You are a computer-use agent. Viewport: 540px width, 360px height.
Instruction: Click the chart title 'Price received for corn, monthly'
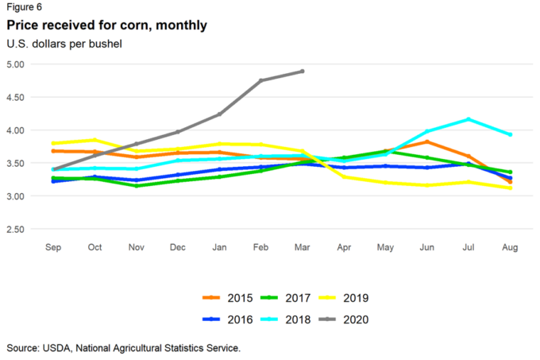click(x=106, y=25)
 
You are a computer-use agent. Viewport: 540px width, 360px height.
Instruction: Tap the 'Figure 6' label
click(x=26, y=8)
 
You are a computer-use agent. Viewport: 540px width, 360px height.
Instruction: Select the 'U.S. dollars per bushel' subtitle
click(x=64, y=43)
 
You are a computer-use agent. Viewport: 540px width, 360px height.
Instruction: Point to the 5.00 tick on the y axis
click(x=15, y=64)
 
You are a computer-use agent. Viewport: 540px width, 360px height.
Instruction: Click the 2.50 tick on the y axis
click(x=15, y=230)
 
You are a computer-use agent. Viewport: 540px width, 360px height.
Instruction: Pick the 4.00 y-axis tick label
click(x=15, y=130)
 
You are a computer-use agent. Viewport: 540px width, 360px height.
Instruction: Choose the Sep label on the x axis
click(x=54, y=247)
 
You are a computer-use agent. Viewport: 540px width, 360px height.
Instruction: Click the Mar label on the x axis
click(x=303, y=247)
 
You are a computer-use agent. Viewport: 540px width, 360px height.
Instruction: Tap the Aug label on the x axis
click(x=510, y=247)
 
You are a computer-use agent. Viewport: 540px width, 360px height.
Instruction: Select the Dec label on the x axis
click(x=178, y=247)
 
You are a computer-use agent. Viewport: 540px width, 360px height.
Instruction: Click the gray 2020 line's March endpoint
click(x=303, y=71)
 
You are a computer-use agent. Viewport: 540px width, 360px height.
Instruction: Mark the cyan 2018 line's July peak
click(x=469, y=119)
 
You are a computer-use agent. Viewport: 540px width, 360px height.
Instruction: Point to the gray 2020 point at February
click(x=260, y=80)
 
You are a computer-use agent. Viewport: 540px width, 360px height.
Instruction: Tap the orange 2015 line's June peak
click(x=427, y=141)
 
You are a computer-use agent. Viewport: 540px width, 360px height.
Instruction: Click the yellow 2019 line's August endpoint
click(x=510, y=188)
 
